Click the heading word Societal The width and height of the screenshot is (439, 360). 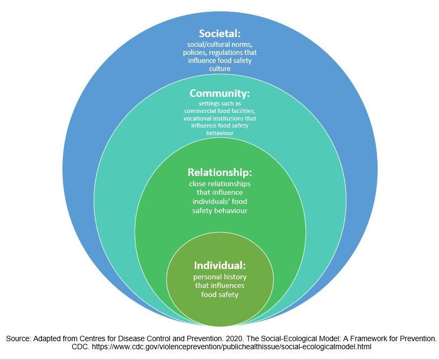[x=219, y=34]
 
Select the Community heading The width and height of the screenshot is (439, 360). [x=219, y=93]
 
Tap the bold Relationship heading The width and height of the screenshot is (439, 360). [x=219, y=173]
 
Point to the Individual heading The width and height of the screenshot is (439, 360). [x=219, y=265]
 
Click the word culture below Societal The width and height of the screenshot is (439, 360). [x=219, y=69]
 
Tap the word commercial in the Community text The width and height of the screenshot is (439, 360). [x=201, y=111]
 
